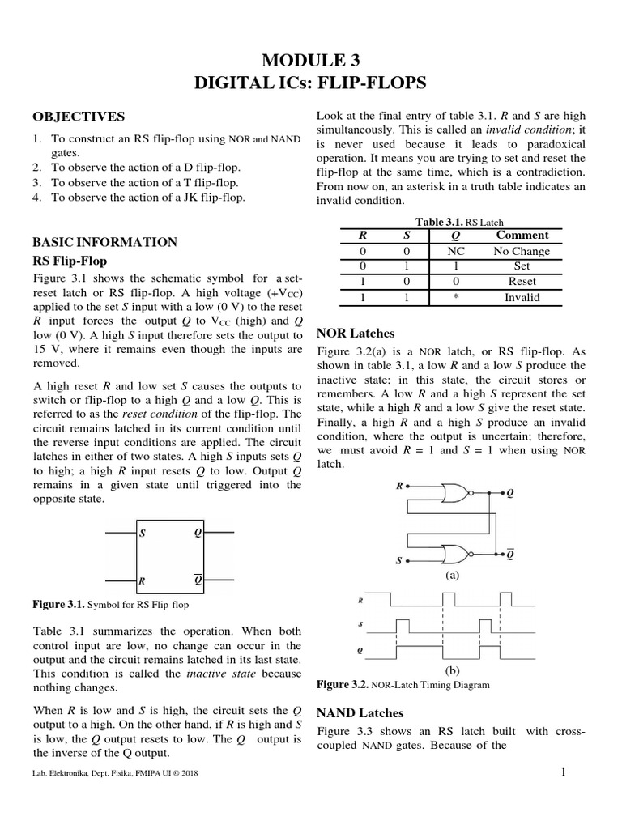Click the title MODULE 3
[x=311, y=60]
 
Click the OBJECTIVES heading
[x=79, y=117]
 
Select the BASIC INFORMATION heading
[x=104, y=241]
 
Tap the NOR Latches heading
[x=356, y=333]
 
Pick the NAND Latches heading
[x=359, y=712]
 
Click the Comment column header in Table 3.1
[x=522, y=236]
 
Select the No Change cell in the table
[x=522, y=251]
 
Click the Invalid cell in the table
[x=522, y=297]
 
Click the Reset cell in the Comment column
[x=522, y=282]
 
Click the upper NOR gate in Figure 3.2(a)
[x=458, y=494]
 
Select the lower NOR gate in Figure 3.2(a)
[x=458, y=554]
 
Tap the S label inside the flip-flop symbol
[x=143, y=534]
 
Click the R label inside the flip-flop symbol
[x=143, y=580]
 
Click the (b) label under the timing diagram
[x=453, y=671]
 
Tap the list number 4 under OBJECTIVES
[x=37, y=197]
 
